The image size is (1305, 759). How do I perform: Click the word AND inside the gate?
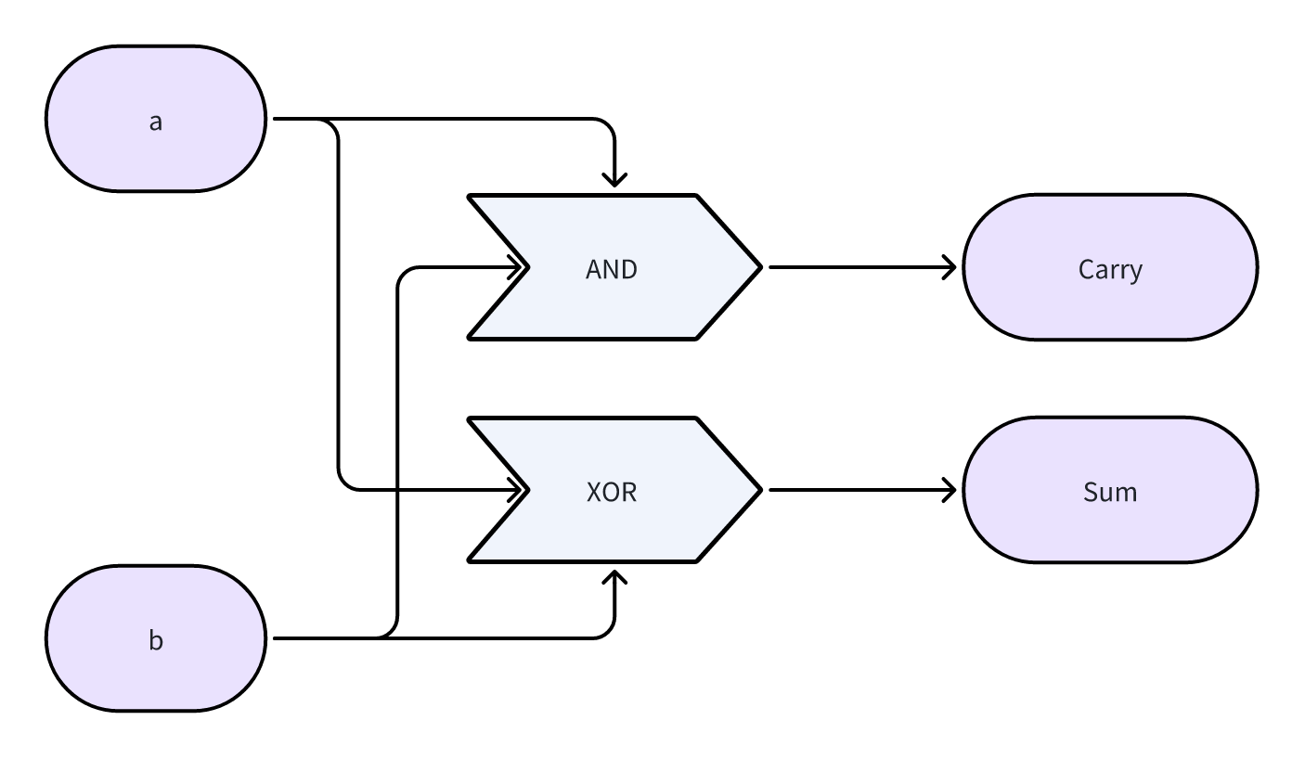612,269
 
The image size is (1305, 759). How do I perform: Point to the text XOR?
612,492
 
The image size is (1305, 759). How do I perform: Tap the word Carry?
1110,269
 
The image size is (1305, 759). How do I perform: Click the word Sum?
1110,492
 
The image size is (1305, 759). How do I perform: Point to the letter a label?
156,121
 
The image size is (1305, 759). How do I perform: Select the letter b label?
156,640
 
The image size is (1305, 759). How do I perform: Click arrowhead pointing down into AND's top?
614,180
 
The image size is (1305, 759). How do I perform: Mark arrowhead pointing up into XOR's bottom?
614,577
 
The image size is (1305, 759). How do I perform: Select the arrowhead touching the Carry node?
950,267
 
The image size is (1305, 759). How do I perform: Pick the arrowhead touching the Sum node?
950,490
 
